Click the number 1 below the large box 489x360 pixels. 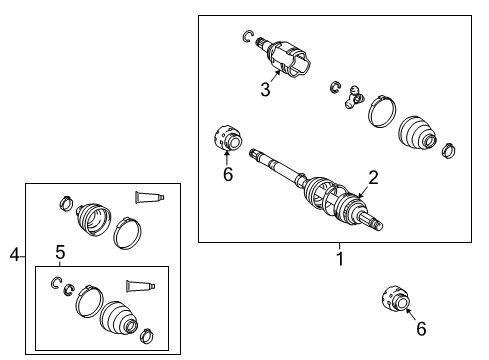click(x=338, y=258)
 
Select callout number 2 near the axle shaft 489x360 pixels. click(x=372, y=177)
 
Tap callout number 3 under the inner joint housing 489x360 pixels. click(x=265, y=89)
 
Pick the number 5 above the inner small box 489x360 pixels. click(x=60, y=251)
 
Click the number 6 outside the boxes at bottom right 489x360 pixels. click(x=421, y=327)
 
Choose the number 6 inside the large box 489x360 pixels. click(x=227, y=173)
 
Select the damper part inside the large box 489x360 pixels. click(x=227, y=138)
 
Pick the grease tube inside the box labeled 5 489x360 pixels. click(x=141, y=286)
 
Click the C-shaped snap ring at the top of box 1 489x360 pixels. click(x=247, y=37)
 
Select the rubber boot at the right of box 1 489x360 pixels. click(x=417, y=135)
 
